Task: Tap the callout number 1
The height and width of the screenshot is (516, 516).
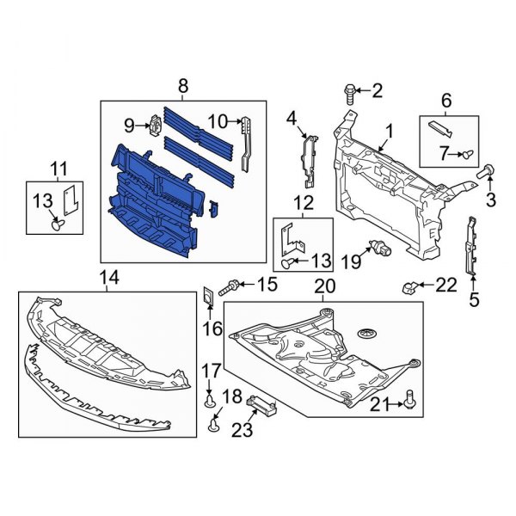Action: click(389, 132)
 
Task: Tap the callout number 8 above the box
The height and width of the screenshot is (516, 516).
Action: click(182, 86)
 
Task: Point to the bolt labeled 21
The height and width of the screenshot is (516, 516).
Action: click(408, 398)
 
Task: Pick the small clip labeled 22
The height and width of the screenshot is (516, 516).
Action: click(411, 285)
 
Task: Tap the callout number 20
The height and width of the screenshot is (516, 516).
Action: click(324, 286)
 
